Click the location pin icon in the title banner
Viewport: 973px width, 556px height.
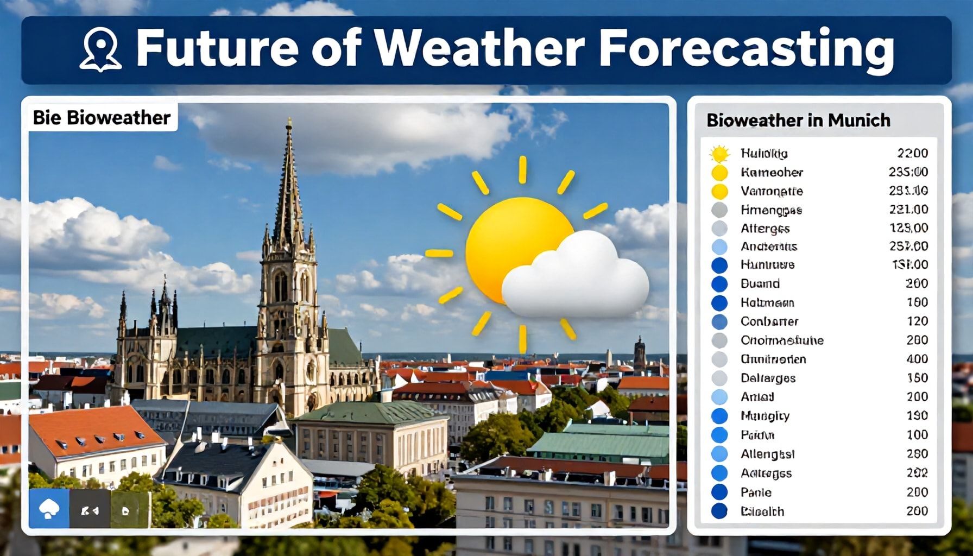point(100,49)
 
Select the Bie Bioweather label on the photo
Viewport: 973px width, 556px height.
point(102,117)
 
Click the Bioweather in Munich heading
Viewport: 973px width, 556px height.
point(798,120)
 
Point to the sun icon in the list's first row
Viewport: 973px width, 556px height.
point(719,154)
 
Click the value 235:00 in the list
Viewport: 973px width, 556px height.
point(908,172)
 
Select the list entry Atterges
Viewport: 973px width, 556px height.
point(764,228)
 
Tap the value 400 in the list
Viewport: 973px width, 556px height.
point(917,359)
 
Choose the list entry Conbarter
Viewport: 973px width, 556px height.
point(769,321)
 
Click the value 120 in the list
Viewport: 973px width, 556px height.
point(917,321)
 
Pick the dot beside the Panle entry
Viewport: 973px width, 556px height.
point(719,492)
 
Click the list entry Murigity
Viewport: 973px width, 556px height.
point(764,416)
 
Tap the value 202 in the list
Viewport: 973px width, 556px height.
point(917,473)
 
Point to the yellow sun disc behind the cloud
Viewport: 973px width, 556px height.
point(505,239)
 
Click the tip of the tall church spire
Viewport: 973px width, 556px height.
point(289,121)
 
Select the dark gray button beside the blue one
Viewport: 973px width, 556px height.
point(90,510)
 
